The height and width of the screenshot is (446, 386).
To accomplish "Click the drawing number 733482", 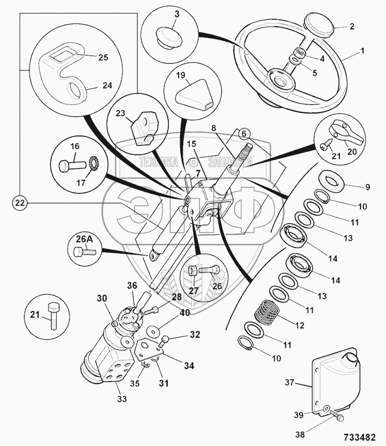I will [360, 436].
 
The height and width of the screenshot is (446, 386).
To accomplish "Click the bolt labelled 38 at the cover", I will [337, 416].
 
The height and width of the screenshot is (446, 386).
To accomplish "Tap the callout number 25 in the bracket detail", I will [103, 57].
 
